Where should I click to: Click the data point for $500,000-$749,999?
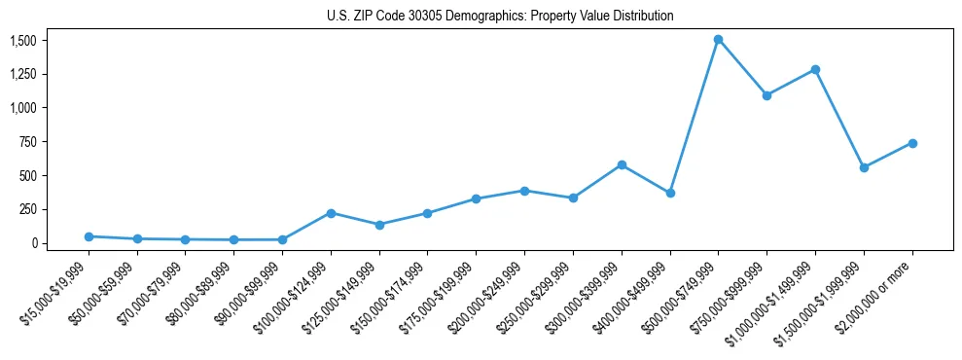click(x=718, y=40)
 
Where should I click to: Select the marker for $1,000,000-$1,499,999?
click(x=815, y=70)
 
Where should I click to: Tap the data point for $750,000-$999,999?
click(x=766, y=95)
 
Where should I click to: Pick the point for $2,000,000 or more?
click(x=912, y=143)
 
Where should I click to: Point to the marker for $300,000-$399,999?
click(x=622, y=165)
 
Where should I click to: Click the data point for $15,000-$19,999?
click(x=89, y=236)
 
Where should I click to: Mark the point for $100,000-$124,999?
click(x=331, y=213)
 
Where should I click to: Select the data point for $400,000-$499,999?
click(x=670, y=193)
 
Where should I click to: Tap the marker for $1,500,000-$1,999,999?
click(x=864, y=167)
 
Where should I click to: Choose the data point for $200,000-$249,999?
click(x=524, y=191)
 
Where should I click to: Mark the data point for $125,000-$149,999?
click(x=379, y=225)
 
